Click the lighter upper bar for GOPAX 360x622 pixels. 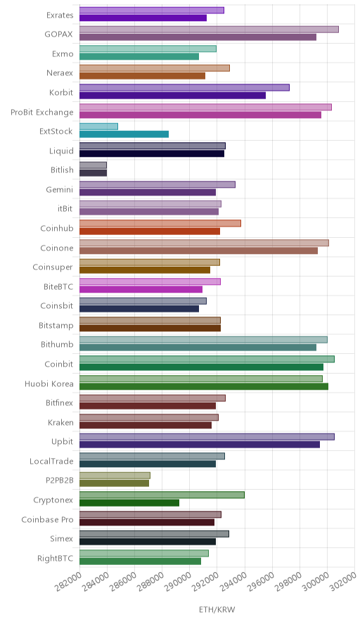point(209,30)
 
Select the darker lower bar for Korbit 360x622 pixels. point(172,96)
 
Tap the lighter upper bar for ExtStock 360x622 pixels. point(98,127)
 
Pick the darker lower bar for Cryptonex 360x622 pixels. point(129,503)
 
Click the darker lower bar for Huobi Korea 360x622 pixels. point(204,386)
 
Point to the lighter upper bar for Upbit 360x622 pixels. point(207,437)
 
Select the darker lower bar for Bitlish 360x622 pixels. point(94,173)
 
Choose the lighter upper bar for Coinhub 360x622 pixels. point(160,223)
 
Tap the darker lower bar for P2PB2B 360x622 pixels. point(114,483)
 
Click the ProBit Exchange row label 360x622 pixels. point(42,113)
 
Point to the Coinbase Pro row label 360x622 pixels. point(47,519)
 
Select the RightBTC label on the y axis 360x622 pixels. point(55,558)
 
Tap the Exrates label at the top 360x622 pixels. point(60,15)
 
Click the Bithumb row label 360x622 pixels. point(57,344)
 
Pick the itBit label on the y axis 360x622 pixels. point(65,208)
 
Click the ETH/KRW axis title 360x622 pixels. point(217,610)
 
